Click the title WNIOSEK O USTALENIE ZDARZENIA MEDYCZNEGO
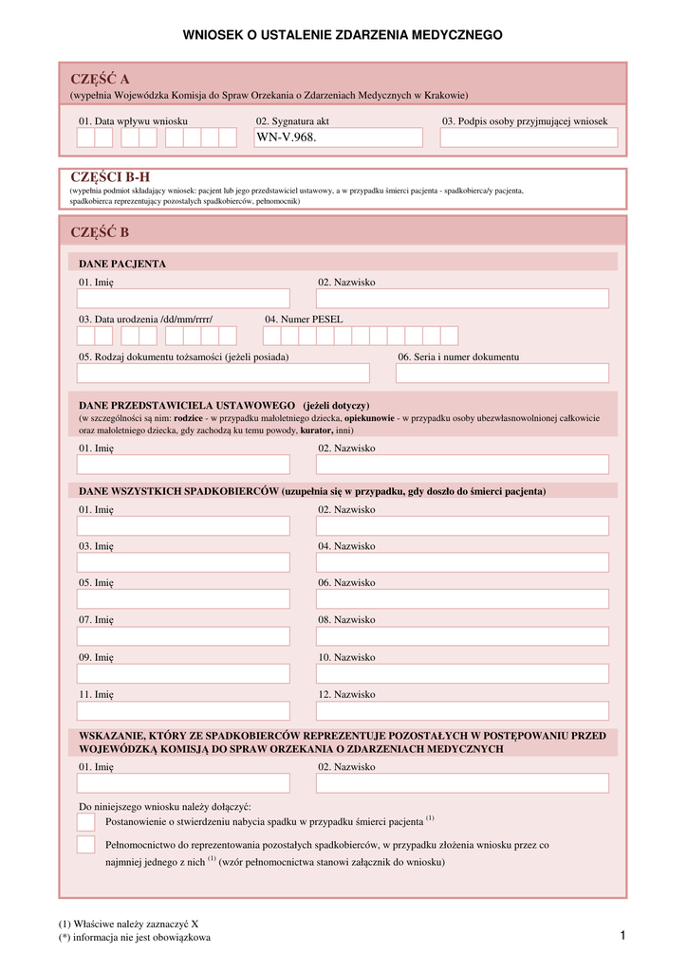(343, 35)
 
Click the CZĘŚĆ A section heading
(100, 79)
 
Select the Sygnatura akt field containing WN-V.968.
(338, 138)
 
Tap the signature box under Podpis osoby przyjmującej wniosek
(529, 138)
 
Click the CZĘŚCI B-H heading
(110, 176)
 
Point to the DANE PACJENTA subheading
(122, 264)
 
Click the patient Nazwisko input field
(462, 299)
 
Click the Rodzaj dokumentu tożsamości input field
(223, 374)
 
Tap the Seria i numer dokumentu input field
(502, 374)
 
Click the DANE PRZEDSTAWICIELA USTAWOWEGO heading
(187, 405)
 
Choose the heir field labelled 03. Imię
(183, 562)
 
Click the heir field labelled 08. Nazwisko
(462, 636)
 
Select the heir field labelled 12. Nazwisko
(462, 711)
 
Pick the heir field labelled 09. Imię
(183, 673)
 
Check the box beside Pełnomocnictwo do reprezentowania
(86, 845)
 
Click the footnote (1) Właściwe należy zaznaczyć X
(128, 924)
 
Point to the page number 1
(622, 937)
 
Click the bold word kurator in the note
(316, 430)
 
